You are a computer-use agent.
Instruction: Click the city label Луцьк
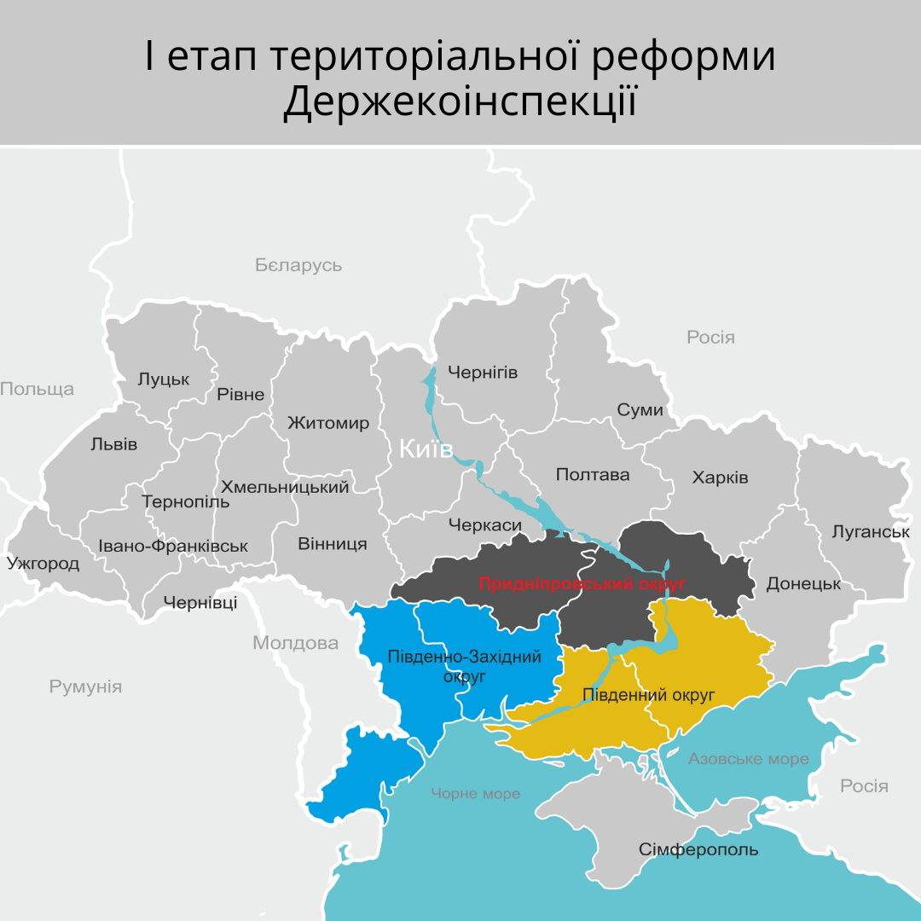pyautogui.click(x=164, y=379)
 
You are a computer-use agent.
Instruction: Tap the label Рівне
pyautogui.click(x=240, y=395)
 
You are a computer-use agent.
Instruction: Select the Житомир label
pyautogui.click(x=328, y=423)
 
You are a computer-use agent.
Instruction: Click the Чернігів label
pyautogui.click(x=483, y=373)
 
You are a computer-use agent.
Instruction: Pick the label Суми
pyautogui.click(x=640, y=410)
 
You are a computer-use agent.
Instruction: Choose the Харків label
pyautogui.click(x=720, y=477)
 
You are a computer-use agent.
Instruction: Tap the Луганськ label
pyautogui.click(x=871, y=532)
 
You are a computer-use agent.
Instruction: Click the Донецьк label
pyautogui.click(x=803, y=584)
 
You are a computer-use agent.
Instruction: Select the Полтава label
pyautogui.click(x=592, y=475)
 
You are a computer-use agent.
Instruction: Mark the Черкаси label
pyautogui.click(x=484, y=525)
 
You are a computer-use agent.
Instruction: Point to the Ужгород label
pyautogui.click(x=43, y=564)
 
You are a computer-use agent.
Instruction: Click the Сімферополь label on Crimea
pyautogui.click(x=698, y=850)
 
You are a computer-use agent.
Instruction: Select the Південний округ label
pyautogui.click(x=647, y=695)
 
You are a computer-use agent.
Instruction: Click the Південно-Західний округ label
pyautogui.click(x=465, y=666)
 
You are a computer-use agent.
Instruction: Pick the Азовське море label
pyautogui.click(x=749, y=759)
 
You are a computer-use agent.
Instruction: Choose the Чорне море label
pyautogui.click(x=475, y=794)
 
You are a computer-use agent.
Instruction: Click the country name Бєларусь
pyautogui.click(x=298, y=265)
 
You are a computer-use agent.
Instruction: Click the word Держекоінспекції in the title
pyautogui.click(x=460, y=102)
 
